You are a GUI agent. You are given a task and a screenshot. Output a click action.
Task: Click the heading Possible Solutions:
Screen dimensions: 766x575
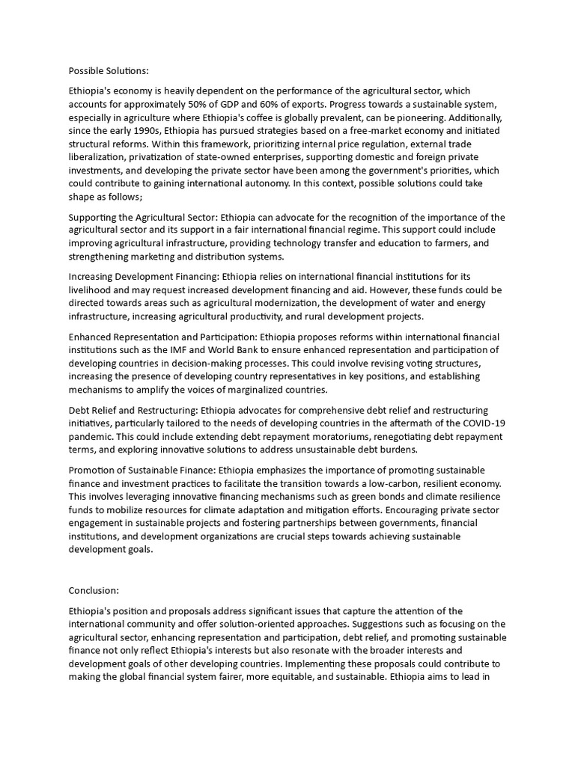point(109,71)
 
